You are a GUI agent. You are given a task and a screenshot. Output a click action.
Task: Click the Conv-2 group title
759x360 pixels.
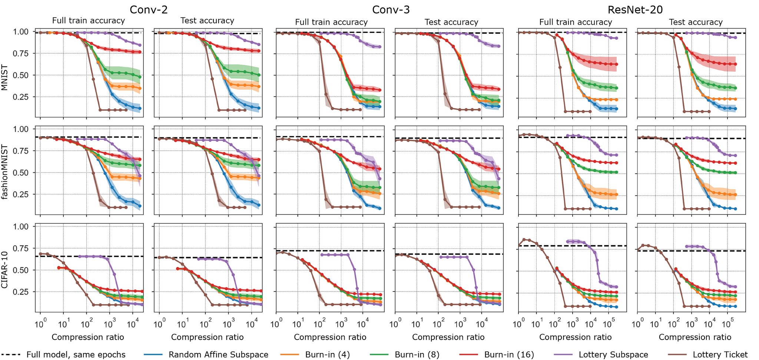[146, 9]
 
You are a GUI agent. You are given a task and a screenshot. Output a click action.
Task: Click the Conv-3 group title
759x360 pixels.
[391, 9]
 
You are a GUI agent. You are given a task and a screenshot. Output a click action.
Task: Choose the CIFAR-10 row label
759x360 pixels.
[5, 269]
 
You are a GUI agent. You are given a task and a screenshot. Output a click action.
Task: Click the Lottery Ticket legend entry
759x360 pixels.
[720, 354]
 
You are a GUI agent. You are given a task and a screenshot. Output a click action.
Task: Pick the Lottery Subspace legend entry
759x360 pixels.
[613, 354]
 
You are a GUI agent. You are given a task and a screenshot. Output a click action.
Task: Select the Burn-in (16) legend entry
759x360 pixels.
[509, 354]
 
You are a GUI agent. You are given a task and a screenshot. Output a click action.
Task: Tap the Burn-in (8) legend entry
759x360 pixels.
[417, 354]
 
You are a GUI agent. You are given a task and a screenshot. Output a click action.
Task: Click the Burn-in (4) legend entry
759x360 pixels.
[327, 354]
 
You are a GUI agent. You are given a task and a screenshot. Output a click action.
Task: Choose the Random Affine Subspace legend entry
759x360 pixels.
[218, 354]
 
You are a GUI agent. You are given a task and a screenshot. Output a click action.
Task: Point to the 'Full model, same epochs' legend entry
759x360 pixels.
[76, 354]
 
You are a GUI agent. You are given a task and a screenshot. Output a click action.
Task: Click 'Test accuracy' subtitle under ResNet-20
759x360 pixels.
[695, 22]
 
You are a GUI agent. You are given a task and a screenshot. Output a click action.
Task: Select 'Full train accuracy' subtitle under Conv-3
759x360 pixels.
[331, 22]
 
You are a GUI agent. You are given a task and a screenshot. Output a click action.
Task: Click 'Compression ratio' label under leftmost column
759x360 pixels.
[88, 337]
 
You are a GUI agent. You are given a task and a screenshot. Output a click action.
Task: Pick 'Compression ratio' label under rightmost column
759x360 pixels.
[695, 337]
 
